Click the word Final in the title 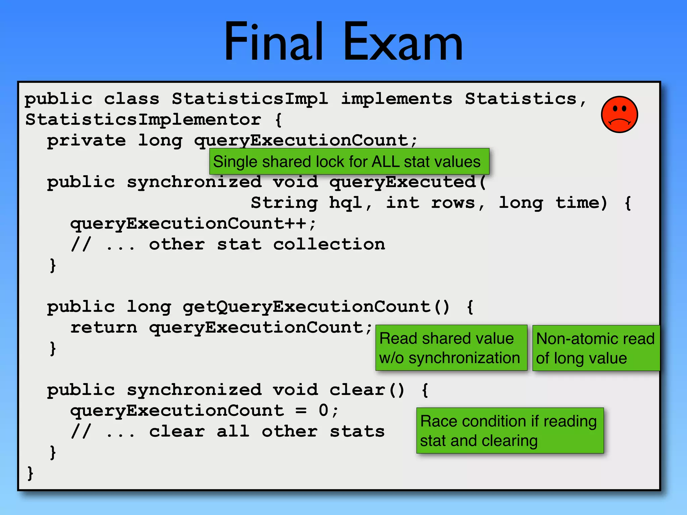[273, 42]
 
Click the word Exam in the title [403, 42]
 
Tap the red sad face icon [619, 115]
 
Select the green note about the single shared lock [349, 162]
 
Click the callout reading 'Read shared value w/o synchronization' [451, 348]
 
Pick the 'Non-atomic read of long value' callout [595, 348]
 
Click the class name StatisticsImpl [250, 99]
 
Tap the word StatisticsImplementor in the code [143, 120]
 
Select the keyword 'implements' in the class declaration [397, 99]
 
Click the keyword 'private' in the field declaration [86, 140]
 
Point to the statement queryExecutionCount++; [193, 224]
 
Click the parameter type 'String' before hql [284, 203]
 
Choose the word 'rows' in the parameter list [453, 203]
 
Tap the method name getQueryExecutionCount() [315, 307]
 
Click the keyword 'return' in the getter [104, 328]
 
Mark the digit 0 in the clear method [323, 410]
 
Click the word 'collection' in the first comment [329, 244]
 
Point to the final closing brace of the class [30, 473]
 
